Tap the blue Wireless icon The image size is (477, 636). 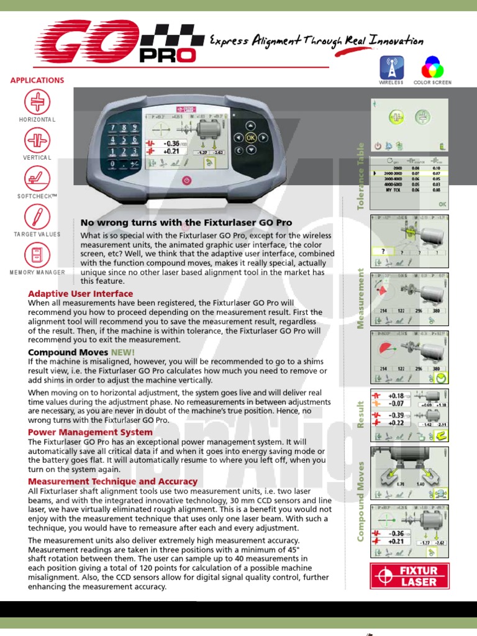391,67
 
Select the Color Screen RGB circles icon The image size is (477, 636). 432,67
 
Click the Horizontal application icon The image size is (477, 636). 37,102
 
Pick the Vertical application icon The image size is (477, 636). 37,140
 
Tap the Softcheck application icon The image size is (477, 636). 37,178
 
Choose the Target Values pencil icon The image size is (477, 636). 37,216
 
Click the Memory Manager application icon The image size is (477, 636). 37,255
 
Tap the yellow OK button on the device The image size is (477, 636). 250,137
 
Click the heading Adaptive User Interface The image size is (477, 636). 81,293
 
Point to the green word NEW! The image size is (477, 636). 122,352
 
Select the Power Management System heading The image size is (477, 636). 90,432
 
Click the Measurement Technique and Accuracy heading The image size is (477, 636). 113,481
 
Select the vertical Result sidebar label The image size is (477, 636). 360,414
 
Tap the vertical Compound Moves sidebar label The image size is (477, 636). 360,500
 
